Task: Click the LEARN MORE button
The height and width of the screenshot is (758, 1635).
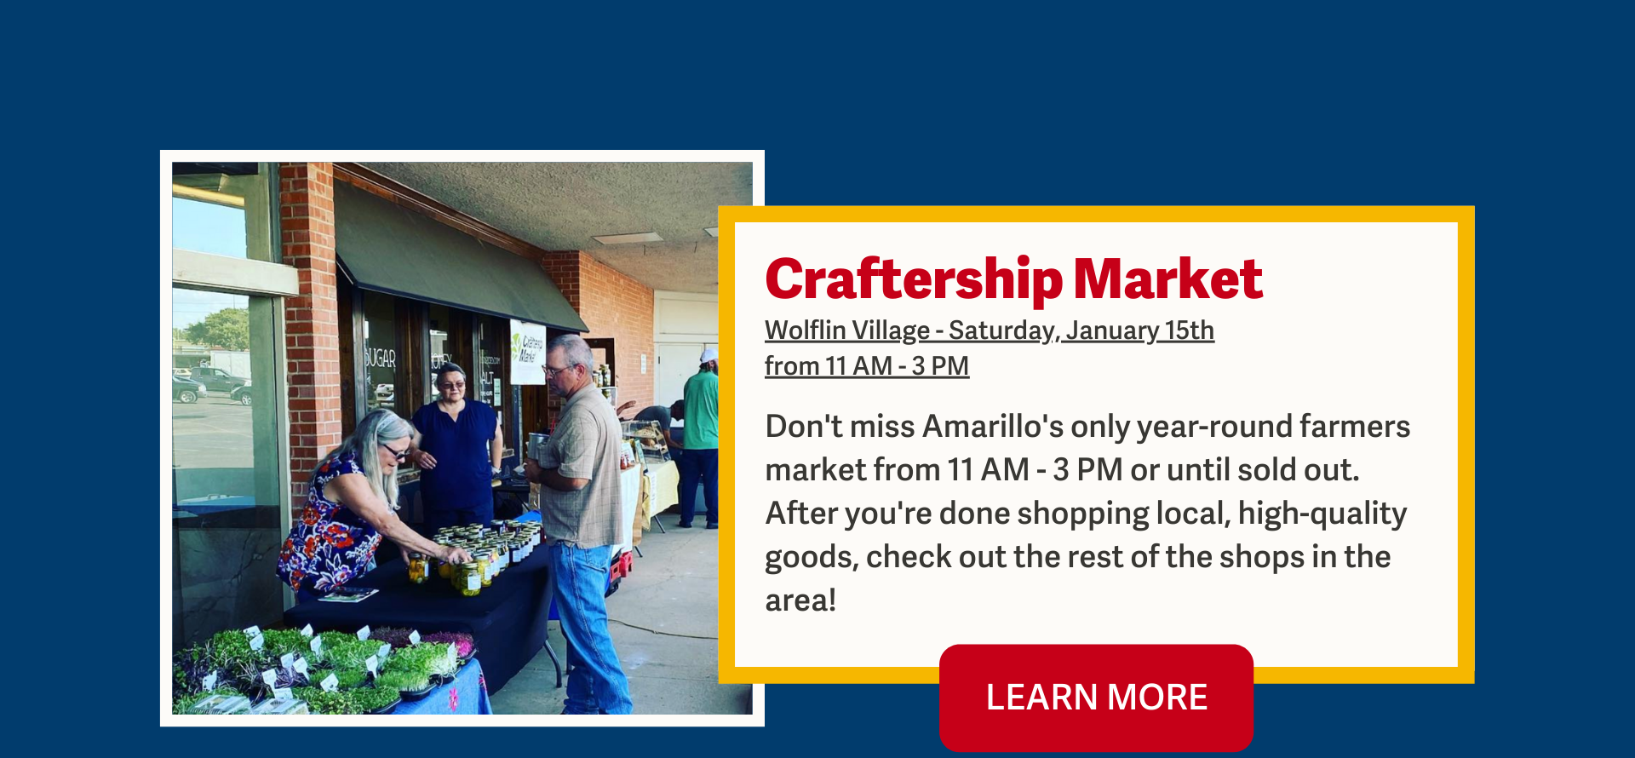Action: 1096,698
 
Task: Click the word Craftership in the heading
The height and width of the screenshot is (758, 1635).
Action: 914,279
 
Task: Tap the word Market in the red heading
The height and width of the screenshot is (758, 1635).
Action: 1167,279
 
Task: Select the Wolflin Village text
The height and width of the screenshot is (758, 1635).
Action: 847,330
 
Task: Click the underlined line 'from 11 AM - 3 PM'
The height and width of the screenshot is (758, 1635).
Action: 867,366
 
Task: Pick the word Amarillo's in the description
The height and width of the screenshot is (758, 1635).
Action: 993,426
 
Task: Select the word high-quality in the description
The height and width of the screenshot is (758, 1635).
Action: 1322,514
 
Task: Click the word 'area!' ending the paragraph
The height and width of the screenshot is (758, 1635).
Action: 800,600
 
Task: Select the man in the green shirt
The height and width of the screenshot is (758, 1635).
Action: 700,439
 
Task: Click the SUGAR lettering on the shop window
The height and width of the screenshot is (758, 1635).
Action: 380,359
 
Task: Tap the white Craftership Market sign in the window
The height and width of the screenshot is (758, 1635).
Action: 528,351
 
